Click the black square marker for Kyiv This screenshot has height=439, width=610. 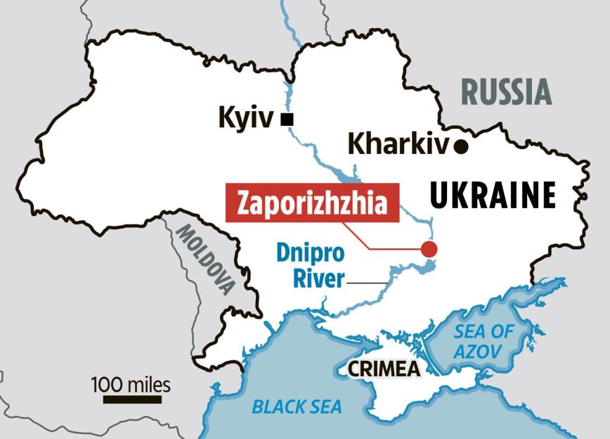tap(286, 120)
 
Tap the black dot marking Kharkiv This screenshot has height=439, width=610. tap(461, 146)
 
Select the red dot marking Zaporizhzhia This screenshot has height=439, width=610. tap(428, 248)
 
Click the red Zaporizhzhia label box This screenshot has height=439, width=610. tap(312, 203)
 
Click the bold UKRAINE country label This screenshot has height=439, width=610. tap(492, 195)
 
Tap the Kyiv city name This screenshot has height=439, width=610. tap(245, 118)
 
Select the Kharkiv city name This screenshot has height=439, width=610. tap(398, 146)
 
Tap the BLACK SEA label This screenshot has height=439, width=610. tap(297, 406)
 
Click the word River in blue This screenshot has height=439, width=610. tap(317, 279)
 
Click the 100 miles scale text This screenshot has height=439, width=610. tap(131, 384)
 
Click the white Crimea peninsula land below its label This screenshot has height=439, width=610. tap(394, 397)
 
